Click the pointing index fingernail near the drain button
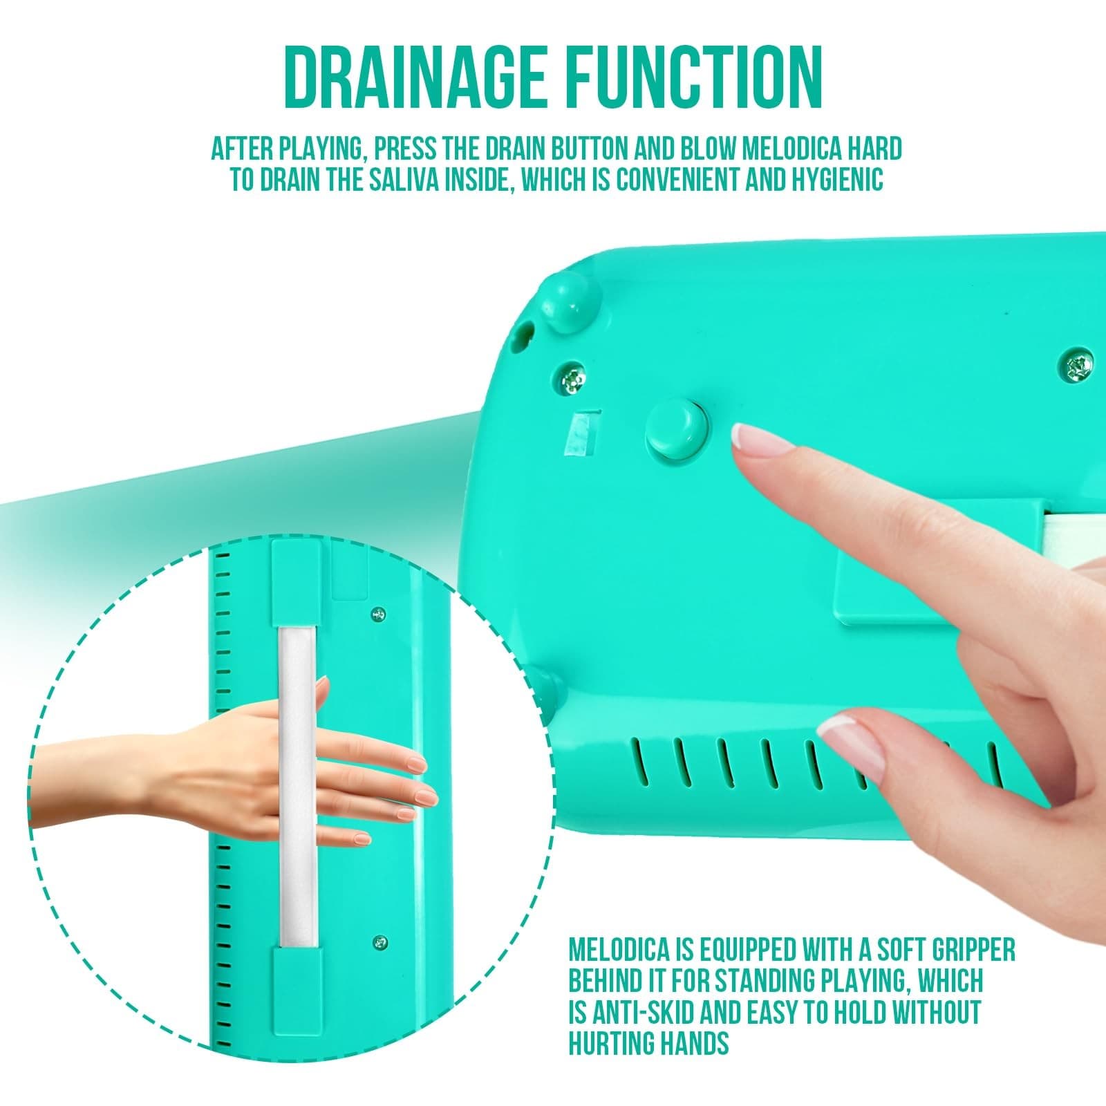747,437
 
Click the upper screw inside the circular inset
378,612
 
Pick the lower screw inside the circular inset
378,941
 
